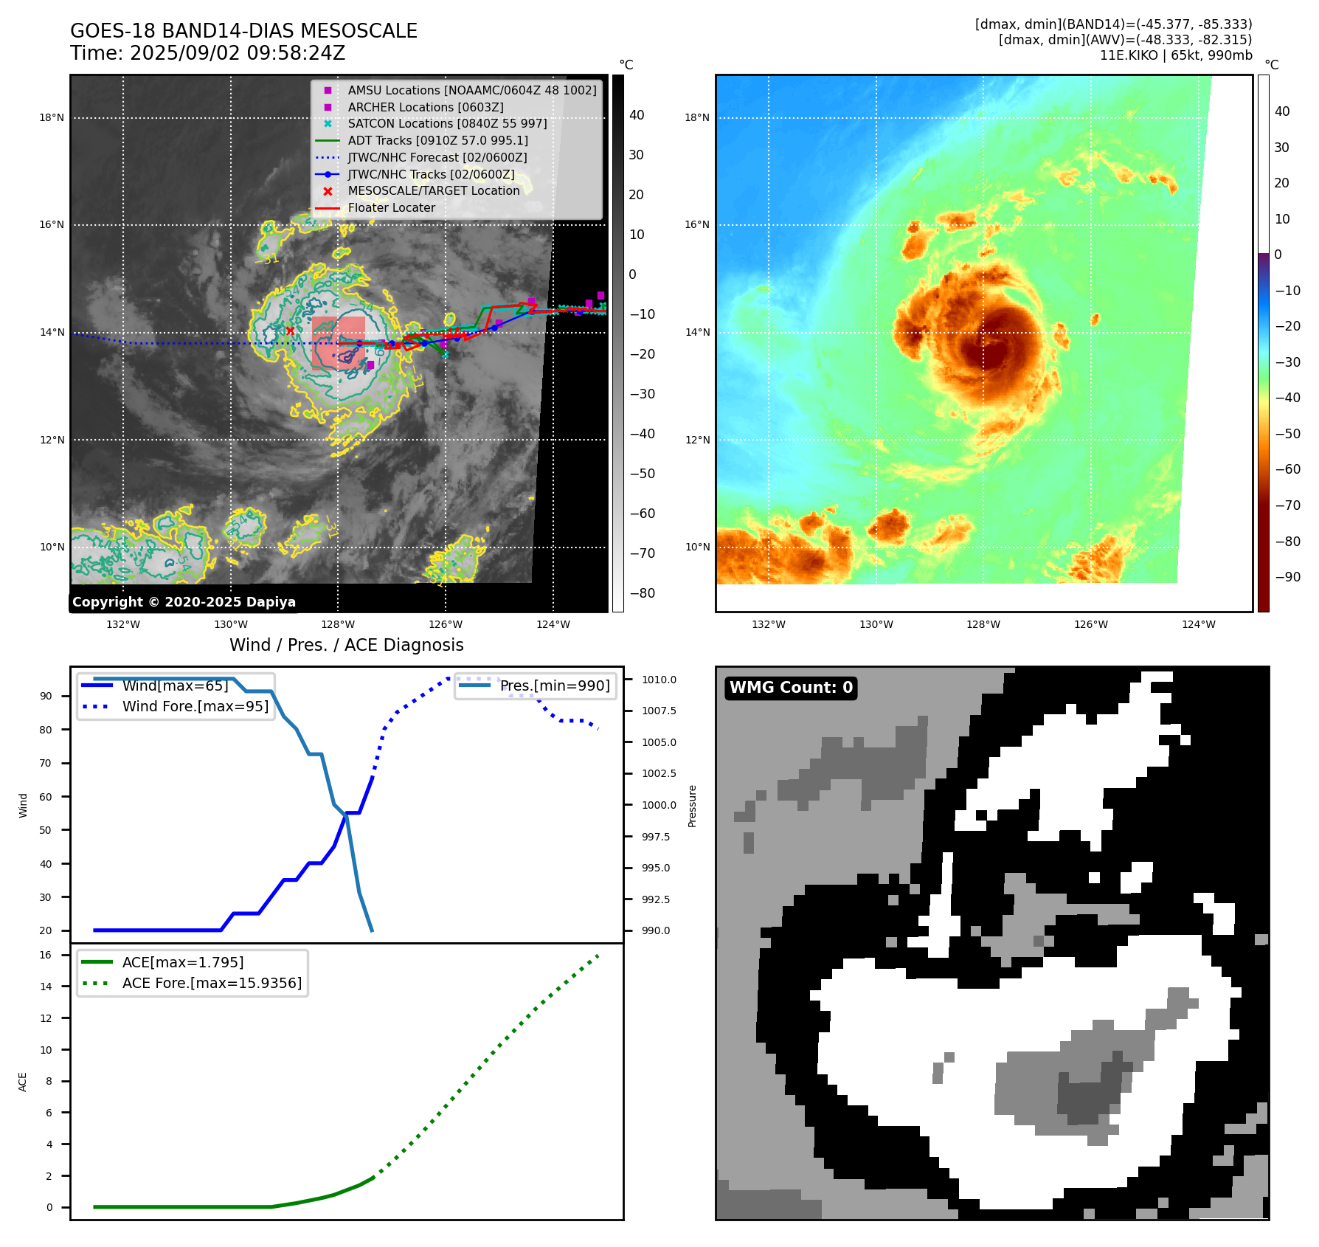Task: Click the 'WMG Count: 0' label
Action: pyautogui.click(x=791, y=688)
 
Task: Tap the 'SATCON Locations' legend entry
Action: pyautogui.click(x=447, y=124)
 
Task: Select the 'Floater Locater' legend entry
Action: pyautogui.click(x=391, y=208)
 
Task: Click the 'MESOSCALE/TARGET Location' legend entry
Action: pyautogui.click(x=433, y=191)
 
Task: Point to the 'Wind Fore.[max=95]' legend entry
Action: pyautogui.click(x=195, y=707)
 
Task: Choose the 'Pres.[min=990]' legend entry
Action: pyautogui.click(x=555, y=686)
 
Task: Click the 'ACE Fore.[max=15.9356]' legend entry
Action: pyautogui.click(x=212, y=984)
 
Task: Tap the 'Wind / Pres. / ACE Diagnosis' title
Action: pyautogui.click(x=347, y=646)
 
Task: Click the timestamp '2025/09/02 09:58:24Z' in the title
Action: pyautogui.click(x=238, y=54)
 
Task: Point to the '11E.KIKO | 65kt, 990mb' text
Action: pyautogui.click(x=1176, y=55)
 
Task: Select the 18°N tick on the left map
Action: pyautogui.click(x=52, y=118)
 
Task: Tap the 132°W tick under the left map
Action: pyautogui.click(x=123, y=625)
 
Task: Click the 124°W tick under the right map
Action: pyautogui.click(x=1199, y=625)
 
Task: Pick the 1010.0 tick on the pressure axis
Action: pyautogui.click(x=659, y=680)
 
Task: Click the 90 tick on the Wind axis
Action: pyautogui.click(x=46, y=697)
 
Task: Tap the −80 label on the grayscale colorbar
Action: pyautogui.click(x=642, y=593)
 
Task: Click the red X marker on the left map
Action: pyautogui.click(x=290, y=331)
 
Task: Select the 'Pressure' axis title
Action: pyautogui.click(x=692, y=806)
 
